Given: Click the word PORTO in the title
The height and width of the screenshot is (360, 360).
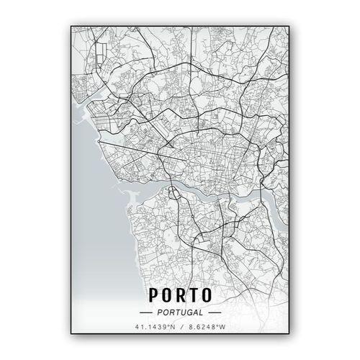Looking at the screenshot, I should (181, 295).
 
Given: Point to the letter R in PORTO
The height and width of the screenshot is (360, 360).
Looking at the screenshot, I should (181, 295).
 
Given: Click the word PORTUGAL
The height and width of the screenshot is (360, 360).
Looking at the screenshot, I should (181, 313).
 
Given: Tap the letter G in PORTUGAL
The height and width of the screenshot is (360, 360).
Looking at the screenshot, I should (190, 313).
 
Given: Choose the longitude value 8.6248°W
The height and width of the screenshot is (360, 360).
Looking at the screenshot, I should (202, 328).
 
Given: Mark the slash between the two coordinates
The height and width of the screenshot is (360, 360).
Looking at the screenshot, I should (181, 328).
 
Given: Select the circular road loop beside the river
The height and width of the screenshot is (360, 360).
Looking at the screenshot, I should (174, 193).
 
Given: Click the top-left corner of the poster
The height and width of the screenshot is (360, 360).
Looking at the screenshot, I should (71, 26).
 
